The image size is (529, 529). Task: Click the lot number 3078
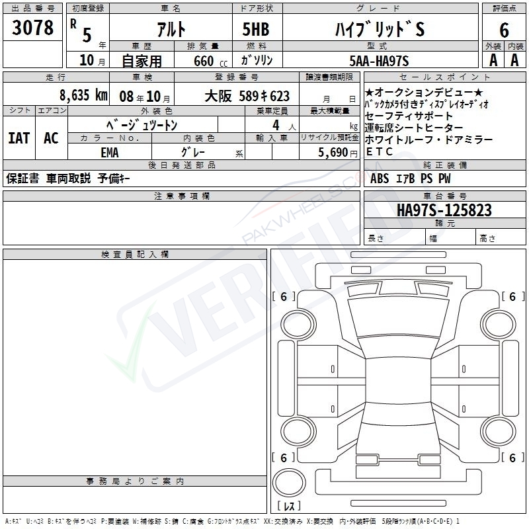point(32,27)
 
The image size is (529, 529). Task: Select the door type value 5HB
point(256,29)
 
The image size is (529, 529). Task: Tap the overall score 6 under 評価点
point(504,30)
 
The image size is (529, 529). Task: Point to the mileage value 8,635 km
point(83,95)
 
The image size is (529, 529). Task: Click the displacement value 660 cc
point(210,61)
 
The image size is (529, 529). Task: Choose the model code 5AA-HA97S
point(379,61)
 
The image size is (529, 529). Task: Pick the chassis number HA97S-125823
point(444,210)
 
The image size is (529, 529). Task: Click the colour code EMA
point(110,153)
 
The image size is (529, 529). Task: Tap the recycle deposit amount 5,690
point(333,152)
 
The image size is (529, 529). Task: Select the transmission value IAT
point(19,138)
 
